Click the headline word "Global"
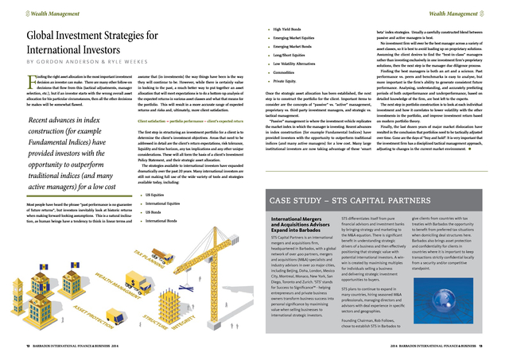(50, 37)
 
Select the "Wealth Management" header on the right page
(469, 13)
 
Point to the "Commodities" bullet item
(286, 71)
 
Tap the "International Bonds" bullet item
(163, 221)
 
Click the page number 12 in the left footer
(28, 347)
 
